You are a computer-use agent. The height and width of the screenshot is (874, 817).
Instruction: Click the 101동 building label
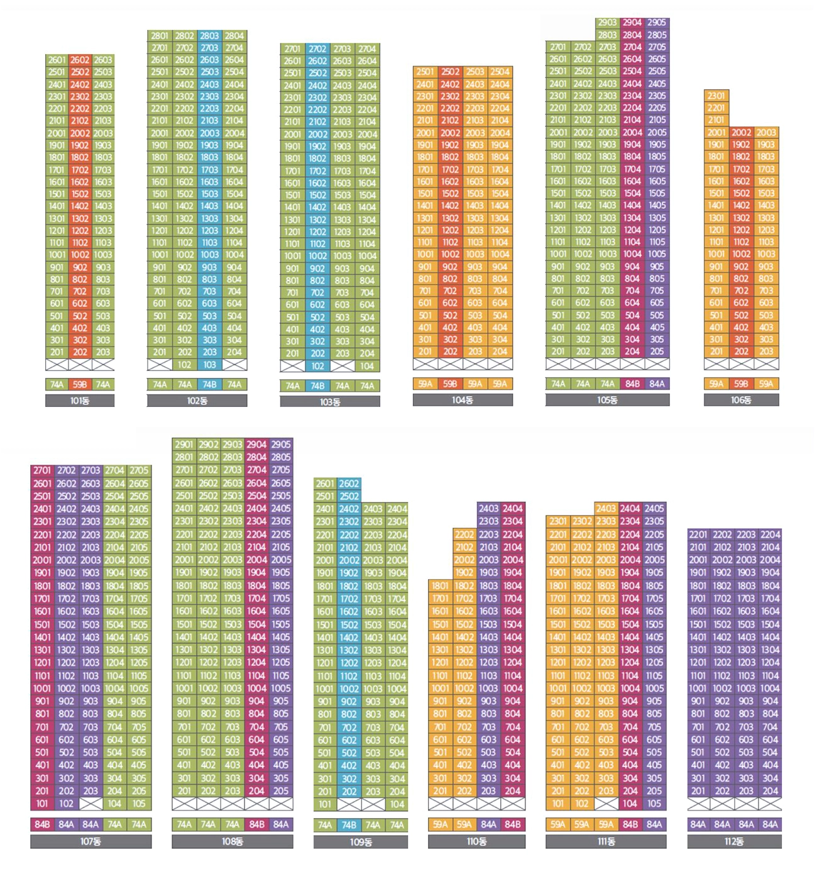[80, 401]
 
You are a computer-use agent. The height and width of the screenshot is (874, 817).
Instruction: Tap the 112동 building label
[734, 841]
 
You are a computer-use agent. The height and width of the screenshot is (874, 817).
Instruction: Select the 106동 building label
[741, 400]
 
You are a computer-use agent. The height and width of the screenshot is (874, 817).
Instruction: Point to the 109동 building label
[361, 842]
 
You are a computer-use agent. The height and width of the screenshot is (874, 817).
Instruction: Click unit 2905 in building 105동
[657, 23]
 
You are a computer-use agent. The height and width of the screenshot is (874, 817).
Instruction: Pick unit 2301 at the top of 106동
[716, 96]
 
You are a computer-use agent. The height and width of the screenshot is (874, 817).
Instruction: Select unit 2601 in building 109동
[325, 484]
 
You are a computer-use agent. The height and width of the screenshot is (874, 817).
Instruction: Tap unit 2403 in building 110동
[488, 509]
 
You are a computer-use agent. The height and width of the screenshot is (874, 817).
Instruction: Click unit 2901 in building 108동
[184, 445]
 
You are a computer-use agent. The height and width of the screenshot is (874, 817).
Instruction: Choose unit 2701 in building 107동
[42, 470]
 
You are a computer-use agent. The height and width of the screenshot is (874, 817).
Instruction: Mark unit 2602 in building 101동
[80, 60]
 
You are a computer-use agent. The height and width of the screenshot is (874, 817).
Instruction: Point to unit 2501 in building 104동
[425, 72]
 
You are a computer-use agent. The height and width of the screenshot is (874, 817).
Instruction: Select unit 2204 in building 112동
[770, 534]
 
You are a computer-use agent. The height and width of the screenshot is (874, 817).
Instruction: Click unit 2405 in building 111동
[654, 509]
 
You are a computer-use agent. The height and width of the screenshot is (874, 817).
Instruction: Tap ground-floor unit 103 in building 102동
[209, 365]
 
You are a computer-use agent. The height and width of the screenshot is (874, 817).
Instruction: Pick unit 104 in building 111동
[630, 804]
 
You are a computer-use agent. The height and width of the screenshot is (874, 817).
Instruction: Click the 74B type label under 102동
[209, 384]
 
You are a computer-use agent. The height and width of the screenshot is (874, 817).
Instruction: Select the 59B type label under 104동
[450, 384]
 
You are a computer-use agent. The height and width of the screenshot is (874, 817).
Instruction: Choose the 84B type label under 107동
[42, 824]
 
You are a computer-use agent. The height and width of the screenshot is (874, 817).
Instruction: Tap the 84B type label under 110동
[513, 824]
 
